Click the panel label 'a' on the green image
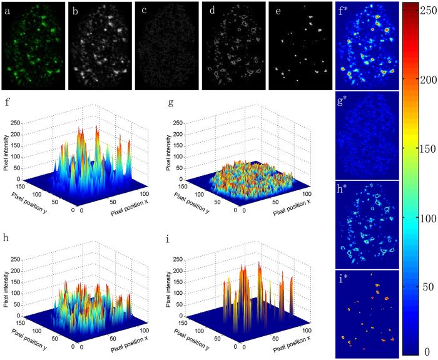tap(7, 9)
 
